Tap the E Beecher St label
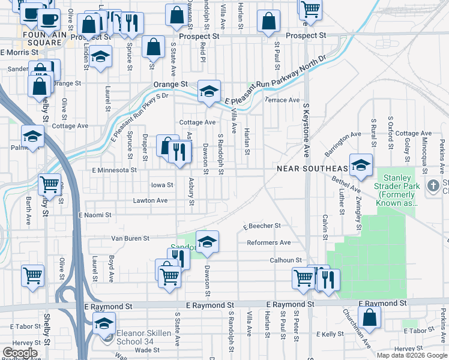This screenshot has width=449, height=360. pos(262,226)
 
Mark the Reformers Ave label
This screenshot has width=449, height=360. pos(268,242)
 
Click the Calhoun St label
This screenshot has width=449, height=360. pos(285,260)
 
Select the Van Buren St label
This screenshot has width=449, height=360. pos(129,238)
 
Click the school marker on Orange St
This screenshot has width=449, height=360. pos(209,92)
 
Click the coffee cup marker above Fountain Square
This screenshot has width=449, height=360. pos(49,18)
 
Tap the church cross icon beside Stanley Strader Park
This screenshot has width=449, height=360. pos(433,186)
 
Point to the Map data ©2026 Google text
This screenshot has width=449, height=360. pos(412,355)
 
